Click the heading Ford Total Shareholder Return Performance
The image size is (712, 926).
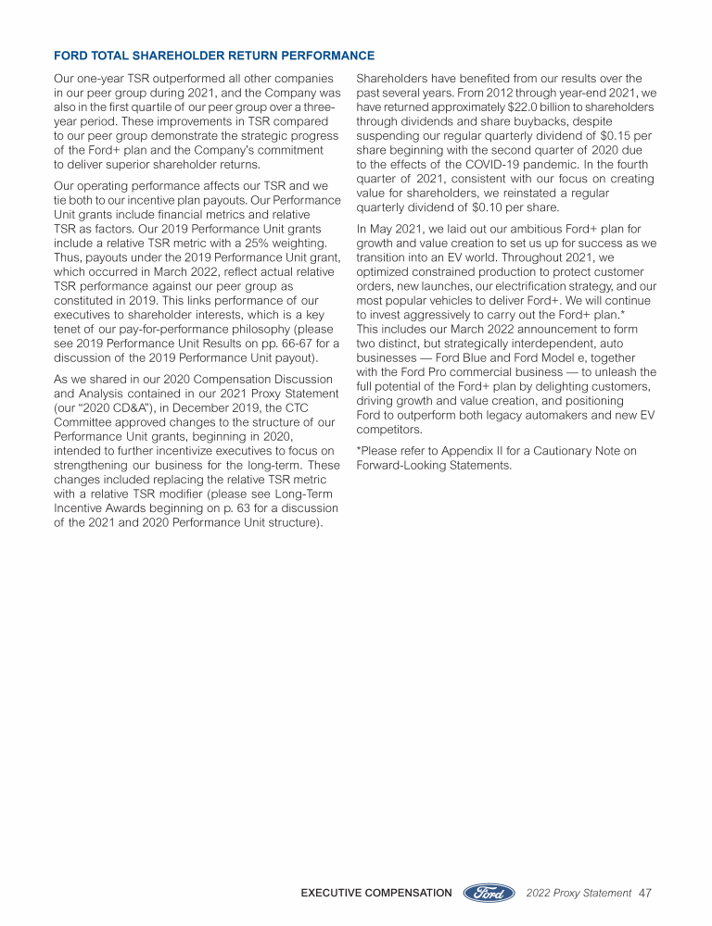pos(214,56)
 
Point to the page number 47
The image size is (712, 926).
pos(646,893)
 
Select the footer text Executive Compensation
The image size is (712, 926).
pos(376,893)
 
